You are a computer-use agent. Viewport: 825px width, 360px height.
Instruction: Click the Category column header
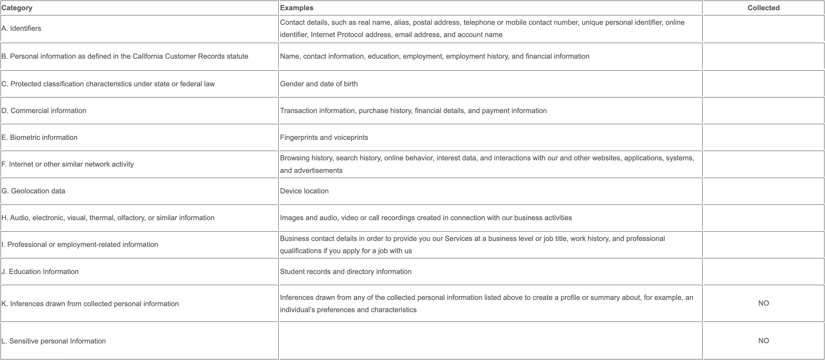tap(17, 8)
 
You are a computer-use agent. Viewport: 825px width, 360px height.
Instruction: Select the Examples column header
tap(297, 8)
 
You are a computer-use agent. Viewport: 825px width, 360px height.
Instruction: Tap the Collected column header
tap(763, 8)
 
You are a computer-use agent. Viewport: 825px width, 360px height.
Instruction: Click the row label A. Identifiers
tap(21, 28)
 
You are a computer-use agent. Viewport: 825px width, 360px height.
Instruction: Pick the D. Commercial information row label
tap(44, 111)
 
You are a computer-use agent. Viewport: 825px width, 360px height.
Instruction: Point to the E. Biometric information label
tap(39, 137)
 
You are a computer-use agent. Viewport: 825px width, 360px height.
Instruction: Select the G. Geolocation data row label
tap(33, 191)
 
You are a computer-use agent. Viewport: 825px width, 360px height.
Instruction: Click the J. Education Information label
tap(40, 272)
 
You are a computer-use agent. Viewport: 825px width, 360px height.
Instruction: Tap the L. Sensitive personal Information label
tap(54, 341)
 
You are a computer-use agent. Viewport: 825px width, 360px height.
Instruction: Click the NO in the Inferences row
tap(763, 303)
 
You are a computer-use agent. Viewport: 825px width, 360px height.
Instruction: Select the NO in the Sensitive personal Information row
tap(763, 340)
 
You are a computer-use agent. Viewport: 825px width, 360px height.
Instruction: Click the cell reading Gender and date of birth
tap(319, 84)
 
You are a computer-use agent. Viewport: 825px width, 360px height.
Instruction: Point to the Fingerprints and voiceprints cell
tap(324, 137)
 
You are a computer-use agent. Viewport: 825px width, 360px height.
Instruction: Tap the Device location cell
tap(304, 191)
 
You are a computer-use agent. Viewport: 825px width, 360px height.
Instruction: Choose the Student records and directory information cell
tap(346, 272)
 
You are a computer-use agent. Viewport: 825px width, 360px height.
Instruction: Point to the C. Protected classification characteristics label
tap(108, 84)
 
